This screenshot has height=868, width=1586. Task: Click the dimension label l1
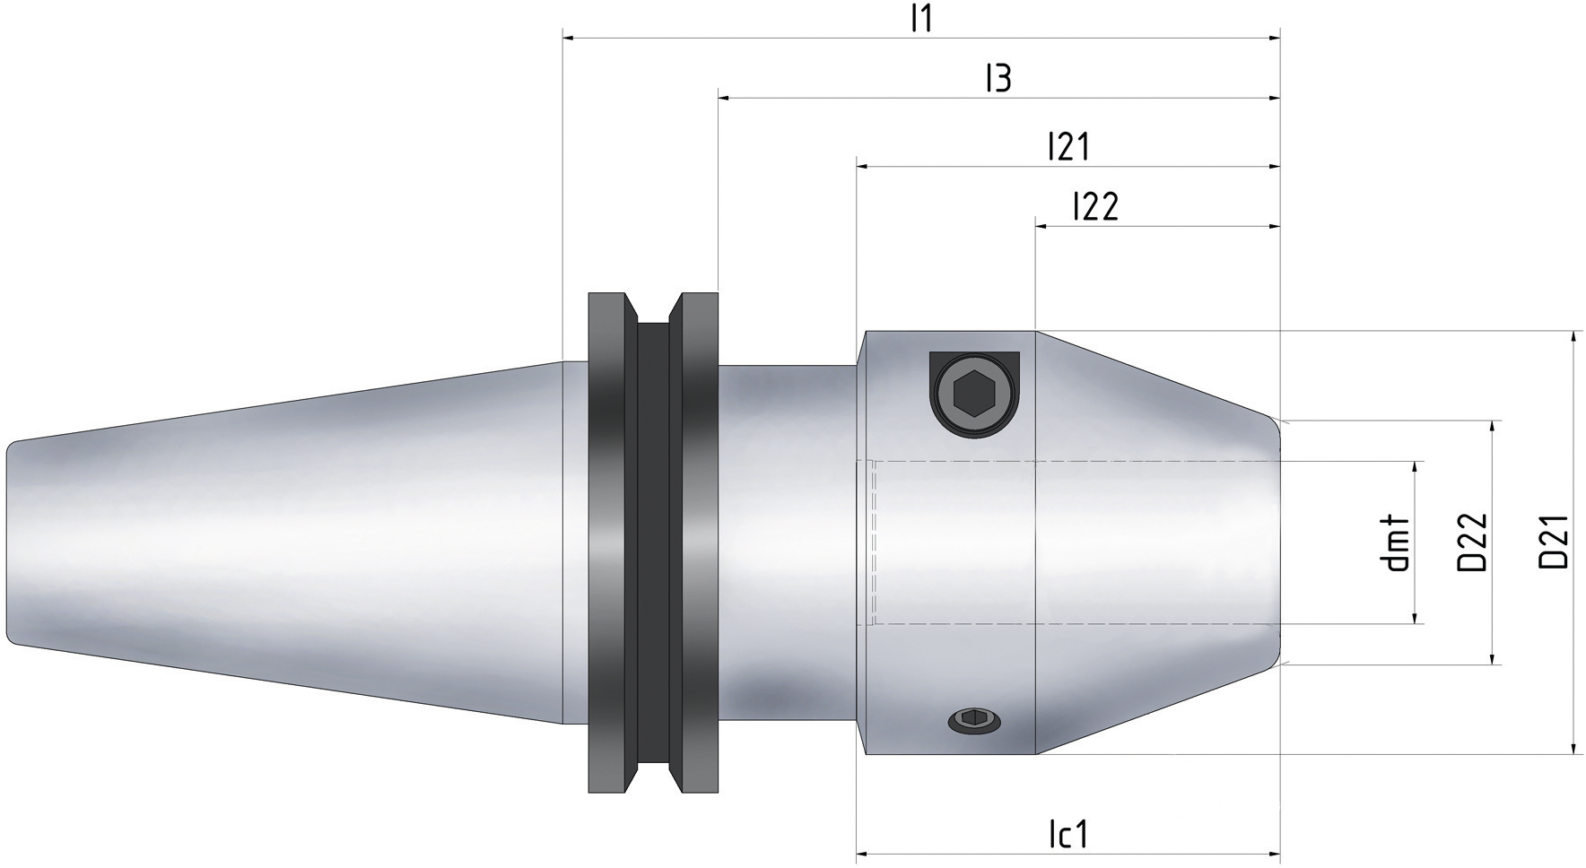[921, 19]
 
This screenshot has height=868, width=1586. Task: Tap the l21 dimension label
[1067, 147]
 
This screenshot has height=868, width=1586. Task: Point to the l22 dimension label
[1095, 207]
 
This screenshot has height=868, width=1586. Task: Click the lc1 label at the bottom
[1067, 835]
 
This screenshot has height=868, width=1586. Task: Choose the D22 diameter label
[1472, 543]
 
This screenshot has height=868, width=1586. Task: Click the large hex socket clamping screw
[973, 394]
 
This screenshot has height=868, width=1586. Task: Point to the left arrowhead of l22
[1043, 227]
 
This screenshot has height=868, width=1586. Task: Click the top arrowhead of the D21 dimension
[1573, 338]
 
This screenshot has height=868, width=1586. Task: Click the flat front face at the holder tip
[1277, 542]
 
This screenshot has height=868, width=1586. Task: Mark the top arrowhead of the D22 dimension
[1493, 427]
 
